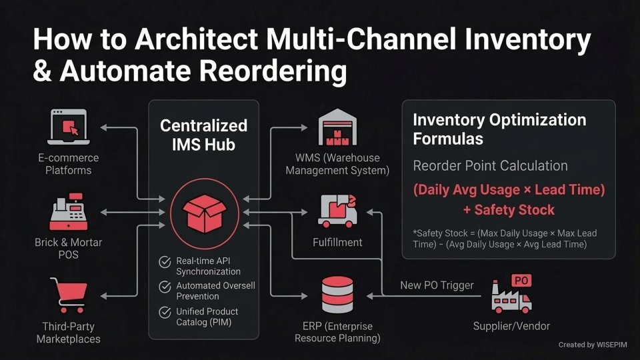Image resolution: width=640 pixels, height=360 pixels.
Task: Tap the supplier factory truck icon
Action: point(512,294)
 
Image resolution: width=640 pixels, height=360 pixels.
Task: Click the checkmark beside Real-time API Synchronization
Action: point(164,261)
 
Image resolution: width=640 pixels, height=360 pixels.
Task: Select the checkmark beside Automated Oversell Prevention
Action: point(164,287)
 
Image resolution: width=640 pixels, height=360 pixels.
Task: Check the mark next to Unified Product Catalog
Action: point(164,312)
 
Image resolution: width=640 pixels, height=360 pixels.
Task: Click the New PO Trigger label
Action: point(437,285)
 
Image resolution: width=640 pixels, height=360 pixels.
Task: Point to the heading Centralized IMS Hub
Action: point(203,134)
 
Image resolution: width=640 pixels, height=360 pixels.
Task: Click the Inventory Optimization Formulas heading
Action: point(499,129)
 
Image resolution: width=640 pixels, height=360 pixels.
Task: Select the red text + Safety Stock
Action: point(509,210)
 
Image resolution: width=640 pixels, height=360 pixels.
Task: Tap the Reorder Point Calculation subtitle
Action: point(490,165)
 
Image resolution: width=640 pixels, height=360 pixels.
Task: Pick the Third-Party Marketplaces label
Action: point(68,333)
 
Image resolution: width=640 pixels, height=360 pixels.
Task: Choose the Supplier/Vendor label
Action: point(511,326)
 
